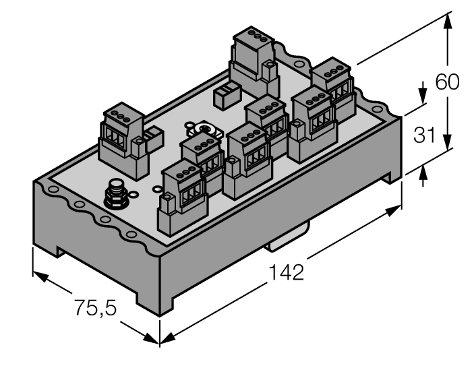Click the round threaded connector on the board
[x=114, y=196]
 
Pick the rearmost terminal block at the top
[x=254, y=61]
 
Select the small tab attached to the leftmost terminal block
[x=153, y=136]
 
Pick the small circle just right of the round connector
[x=133, y=196]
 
